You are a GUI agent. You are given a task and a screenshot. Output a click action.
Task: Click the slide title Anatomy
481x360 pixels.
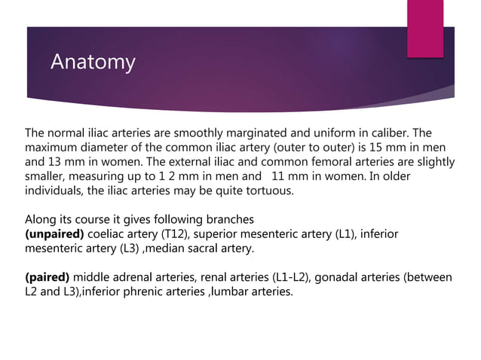(x=93, y=63)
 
